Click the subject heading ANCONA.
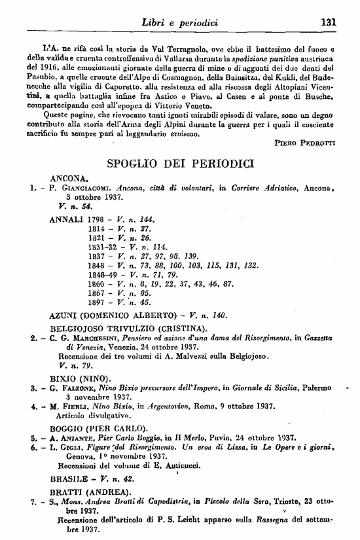tap(69, 177)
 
